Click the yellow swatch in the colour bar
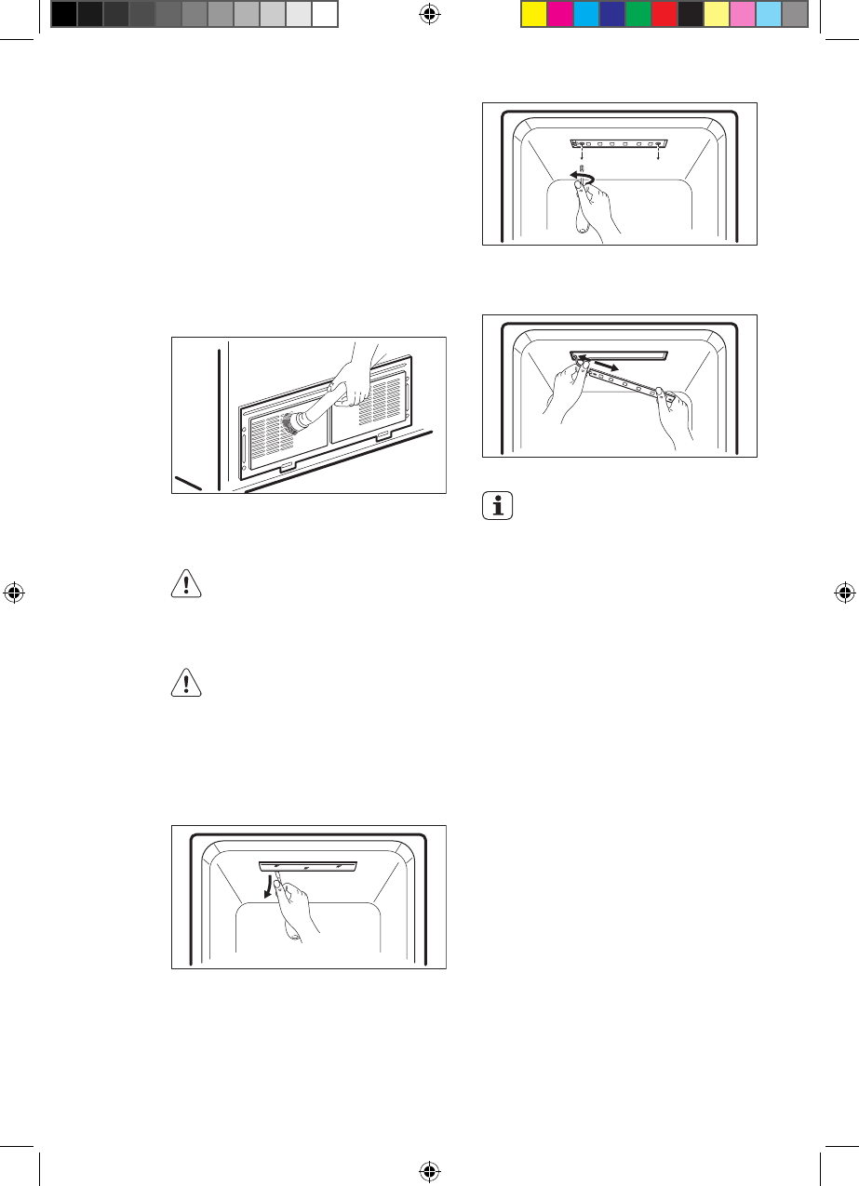coord(533,13)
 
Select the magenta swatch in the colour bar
coord(559,13)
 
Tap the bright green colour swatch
coord(638,13)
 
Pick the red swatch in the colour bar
coord(664,13)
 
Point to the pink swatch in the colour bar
coord(742,13)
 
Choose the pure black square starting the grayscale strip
coord(62,13)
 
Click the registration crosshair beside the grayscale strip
coord(429,13)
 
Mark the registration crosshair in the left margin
coord(13,593)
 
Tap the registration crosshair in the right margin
coord(845,593)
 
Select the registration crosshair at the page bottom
coord(429,1172)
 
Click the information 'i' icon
coord(499,508)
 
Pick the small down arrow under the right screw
coord(660,155)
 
